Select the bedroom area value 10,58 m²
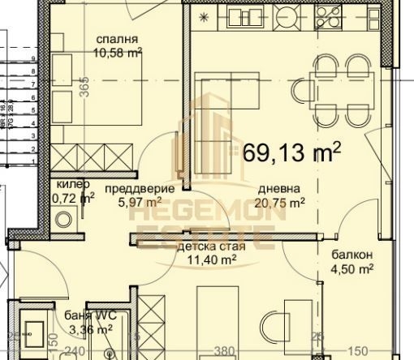point(119,52)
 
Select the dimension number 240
point(76,353)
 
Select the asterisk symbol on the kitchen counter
point(203,15)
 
